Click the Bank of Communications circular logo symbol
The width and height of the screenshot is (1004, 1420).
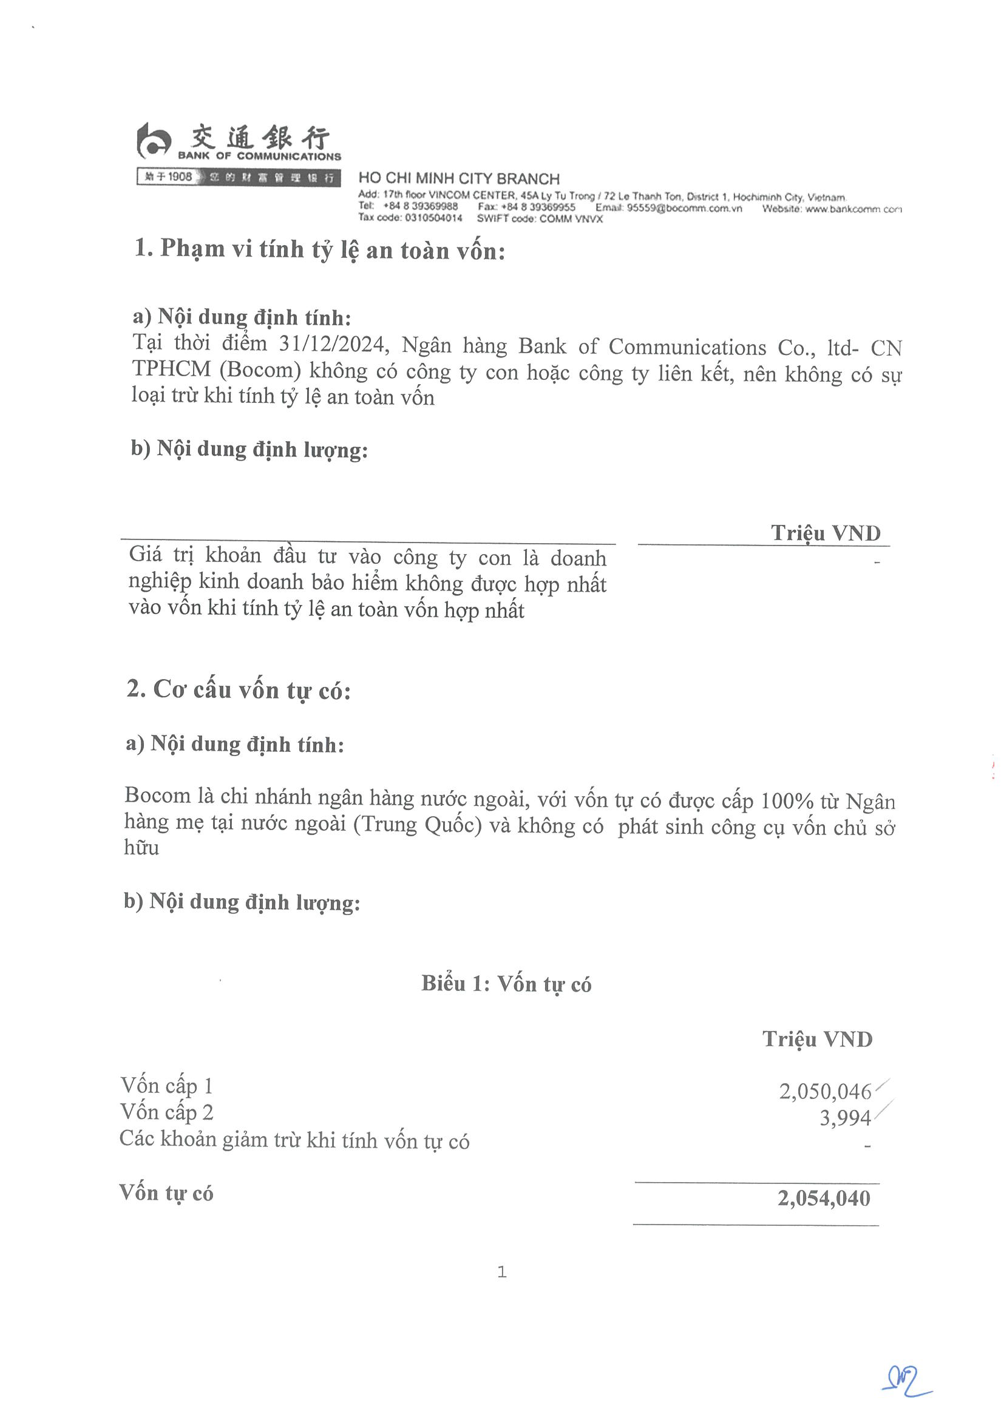(152, 141)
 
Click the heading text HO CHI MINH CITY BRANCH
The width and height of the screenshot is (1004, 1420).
(458, 179)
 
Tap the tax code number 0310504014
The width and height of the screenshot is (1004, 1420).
(433, 218)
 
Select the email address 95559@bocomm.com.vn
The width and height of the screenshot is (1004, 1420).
(684, 208)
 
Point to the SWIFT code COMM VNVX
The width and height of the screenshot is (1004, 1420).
(571, 219)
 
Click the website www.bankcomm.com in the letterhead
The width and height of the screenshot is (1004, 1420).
(852, 209)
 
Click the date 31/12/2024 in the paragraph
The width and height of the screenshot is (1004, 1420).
(333, 344)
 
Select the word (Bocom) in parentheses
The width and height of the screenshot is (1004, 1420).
(260, 370)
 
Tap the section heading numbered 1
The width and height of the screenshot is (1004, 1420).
(319, 249)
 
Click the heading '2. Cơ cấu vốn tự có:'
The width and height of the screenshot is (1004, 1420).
(238, 689)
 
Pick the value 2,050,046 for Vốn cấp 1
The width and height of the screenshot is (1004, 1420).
(824, 1092)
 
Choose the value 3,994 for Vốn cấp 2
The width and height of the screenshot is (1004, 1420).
(845, 1118)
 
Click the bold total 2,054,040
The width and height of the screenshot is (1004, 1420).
(823, 1199)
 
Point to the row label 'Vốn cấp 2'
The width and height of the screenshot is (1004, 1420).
(166, 1112)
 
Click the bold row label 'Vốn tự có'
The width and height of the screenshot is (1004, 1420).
(166, 1193)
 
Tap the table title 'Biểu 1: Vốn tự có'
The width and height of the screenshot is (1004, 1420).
(506, 983)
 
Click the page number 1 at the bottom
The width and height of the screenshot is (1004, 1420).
(501, 1272)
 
